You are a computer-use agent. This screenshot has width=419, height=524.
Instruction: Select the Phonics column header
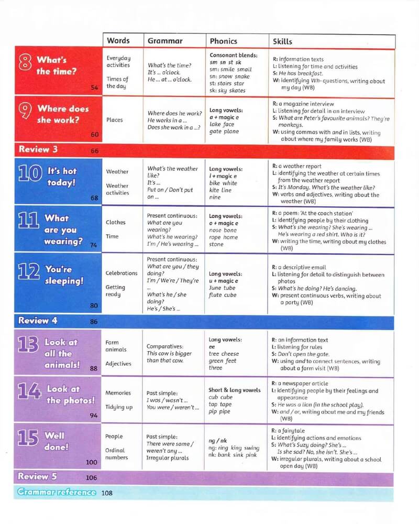pos(223,41)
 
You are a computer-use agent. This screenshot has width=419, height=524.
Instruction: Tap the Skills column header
pos(283,41)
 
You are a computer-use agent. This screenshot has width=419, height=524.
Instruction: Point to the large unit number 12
pos(29,272)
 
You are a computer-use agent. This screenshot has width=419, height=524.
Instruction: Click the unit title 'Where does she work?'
pos(62,114)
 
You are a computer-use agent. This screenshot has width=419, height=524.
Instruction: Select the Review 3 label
pos(38,149)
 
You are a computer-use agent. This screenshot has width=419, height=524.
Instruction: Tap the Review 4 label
pos(38,320)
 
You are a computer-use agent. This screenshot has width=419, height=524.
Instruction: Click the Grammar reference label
pos(57,492)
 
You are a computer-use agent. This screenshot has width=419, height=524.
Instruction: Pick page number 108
pos(107,493)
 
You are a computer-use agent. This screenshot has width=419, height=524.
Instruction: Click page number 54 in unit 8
pos(94,88)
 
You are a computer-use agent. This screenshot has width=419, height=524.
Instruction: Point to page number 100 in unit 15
pos(92,462)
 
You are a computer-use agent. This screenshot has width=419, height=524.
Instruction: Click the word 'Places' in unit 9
pos(114,120)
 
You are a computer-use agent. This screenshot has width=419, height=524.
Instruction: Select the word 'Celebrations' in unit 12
pos(122,273)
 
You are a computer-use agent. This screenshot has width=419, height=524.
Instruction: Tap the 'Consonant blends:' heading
pos(234,55)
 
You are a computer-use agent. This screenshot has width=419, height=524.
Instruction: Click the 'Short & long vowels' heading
pos(235,390)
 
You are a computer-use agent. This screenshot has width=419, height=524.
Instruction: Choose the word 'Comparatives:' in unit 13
pos(165,346)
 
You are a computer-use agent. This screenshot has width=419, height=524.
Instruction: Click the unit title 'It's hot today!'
pos(62,177)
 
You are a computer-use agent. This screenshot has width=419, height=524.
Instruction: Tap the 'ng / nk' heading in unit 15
pos(218,441)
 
